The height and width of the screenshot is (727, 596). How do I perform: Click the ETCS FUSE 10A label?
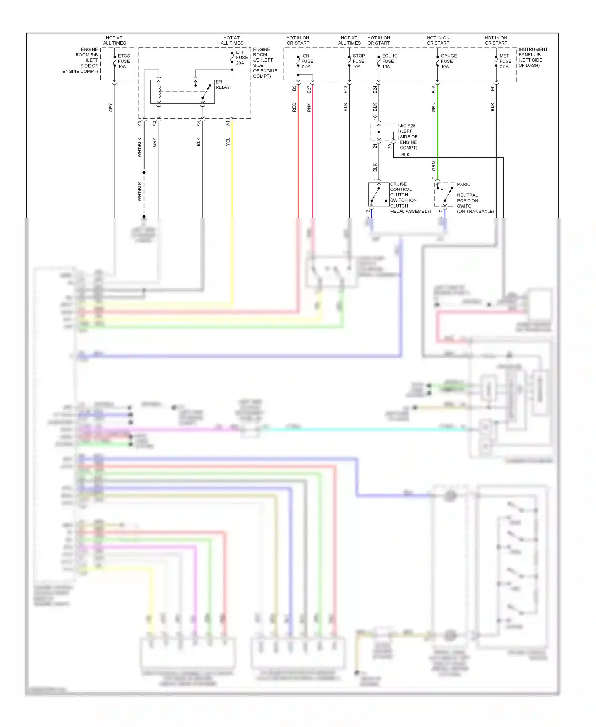coord(124,61)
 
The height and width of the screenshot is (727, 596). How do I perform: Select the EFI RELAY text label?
coord(222,84)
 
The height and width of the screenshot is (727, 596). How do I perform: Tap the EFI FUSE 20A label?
coord(242,58)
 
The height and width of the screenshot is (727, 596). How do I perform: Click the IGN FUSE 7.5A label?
coord(307,61)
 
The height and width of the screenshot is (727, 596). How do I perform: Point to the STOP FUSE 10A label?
coord(358,61)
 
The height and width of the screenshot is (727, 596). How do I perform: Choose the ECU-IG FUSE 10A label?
coord(389,61)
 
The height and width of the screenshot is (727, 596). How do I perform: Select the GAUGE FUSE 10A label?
coord(448,61)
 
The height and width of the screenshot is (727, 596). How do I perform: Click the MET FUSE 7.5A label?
coord(505,61)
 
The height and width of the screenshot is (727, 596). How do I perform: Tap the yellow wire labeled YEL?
coord(232,167)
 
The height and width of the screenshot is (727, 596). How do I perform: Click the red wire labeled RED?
coord(298,159)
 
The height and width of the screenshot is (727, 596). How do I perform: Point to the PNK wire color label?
coord(309,107)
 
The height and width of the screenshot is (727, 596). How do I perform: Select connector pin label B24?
coord(375,89)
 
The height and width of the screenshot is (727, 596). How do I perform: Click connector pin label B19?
coord(433,89)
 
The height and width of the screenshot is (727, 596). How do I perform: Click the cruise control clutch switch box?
coord(378,194)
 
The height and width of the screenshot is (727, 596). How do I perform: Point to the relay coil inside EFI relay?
coord(159,92)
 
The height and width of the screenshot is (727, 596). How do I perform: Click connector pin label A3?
coord(139,124)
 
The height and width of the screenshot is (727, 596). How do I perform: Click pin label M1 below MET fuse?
coord(492,88)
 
